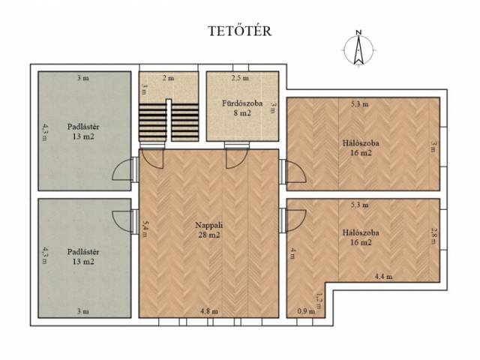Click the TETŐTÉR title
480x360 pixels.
[240, 31]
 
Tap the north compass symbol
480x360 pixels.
[358, 48]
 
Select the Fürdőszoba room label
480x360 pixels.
[242, 103]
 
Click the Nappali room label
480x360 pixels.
[208, 225]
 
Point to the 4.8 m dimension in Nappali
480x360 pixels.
[209, 311]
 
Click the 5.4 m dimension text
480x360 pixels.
[145, 229]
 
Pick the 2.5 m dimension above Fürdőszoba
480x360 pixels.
[240, 78]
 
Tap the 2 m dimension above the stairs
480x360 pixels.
[168, 78]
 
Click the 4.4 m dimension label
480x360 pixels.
[383, 277]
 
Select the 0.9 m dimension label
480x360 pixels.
[306, 311]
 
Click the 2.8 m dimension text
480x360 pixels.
[433, 235]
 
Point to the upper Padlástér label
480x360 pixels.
[83, 127]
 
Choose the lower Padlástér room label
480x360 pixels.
[83, 252]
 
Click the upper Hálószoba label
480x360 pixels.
[361, 143]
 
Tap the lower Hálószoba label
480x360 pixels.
[361, 232]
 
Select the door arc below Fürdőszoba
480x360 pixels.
[235, 158]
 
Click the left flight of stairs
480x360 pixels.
[153, 122]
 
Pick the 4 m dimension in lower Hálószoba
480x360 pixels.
[292, 253]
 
